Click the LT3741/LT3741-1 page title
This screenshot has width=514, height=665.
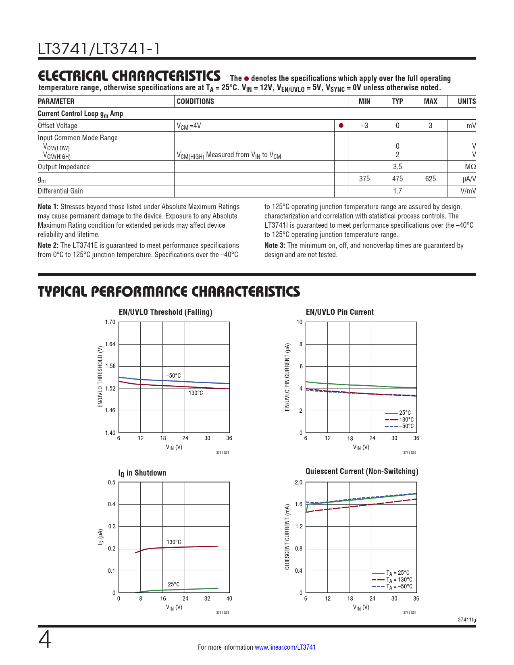pos(99,49)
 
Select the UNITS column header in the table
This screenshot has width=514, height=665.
pos(466,102)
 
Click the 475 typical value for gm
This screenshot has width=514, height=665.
pos(397,179)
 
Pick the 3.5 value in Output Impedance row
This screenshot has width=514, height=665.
pos(397,167)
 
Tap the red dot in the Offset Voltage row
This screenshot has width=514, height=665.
pos(341,125)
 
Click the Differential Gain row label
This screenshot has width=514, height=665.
pos(60,191)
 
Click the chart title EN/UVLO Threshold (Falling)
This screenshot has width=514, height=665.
pos(165,312)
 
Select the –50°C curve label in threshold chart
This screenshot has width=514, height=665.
pos(173,376)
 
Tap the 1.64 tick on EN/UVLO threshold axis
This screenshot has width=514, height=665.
pos(110,344)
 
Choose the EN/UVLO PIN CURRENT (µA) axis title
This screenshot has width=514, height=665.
pos(287,377)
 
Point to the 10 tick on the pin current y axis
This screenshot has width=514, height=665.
pos(300,322)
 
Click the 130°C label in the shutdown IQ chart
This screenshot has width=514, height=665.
pos(174,542)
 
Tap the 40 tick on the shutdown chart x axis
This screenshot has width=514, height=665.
pos(229,598)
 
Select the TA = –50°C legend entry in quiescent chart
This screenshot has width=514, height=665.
pos(399,587)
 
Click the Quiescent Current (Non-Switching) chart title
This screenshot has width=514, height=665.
pos(362,472)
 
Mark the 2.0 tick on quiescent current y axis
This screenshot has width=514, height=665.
pos(298,482)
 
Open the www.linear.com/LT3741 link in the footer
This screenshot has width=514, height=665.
pos(285,647)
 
